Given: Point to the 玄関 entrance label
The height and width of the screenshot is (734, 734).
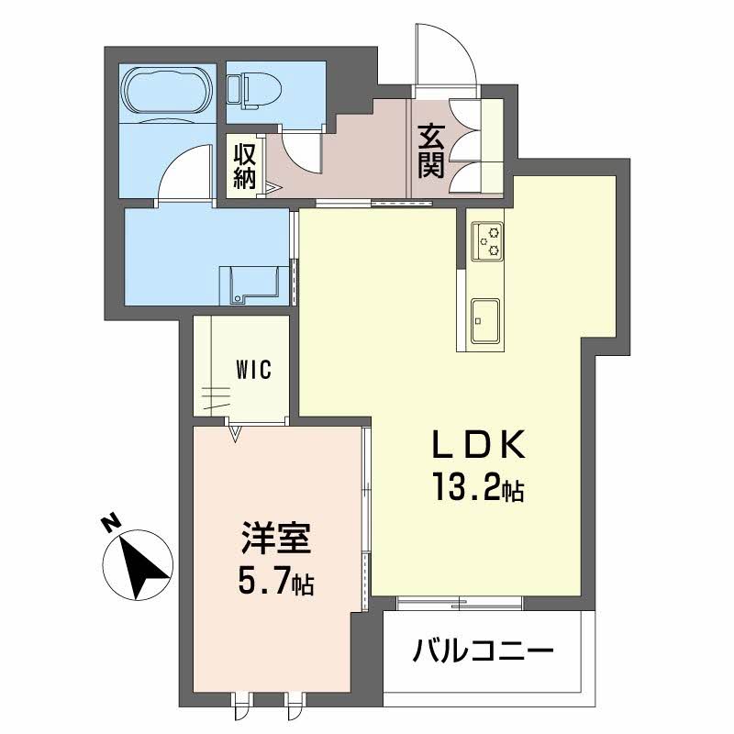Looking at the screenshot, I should [431, 150].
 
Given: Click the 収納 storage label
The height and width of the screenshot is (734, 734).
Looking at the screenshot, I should [243, 165].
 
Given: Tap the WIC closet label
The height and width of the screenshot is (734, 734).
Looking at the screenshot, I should [252, 371].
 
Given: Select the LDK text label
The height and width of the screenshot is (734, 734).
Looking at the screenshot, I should [478, 447].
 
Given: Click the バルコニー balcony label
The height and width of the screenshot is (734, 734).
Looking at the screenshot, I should [483, 654].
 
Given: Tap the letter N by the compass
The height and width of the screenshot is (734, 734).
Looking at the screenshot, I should [112, 525].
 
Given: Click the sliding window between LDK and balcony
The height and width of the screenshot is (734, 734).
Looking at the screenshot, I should [459, 603].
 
